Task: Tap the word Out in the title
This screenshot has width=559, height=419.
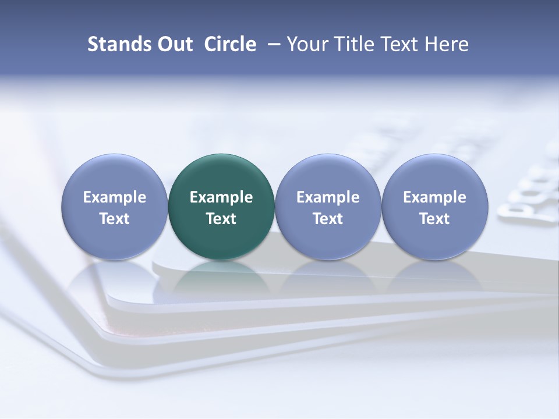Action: tap(173, 44)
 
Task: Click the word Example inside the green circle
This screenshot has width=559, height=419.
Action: tap(221, 197)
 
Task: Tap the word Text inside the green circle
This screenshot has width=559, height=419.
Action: tap(221, 219)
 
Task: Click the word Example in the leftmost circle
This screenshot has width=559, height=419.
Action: tap(114, 197)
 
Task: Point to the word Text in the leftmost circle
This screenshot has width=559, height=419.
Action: tap(114, 219)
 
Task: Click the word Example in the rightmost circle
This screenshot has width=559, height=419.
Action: tap(434, 197)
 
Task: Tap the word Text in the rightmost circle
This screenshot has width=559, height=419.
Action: tap(434, 219)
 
